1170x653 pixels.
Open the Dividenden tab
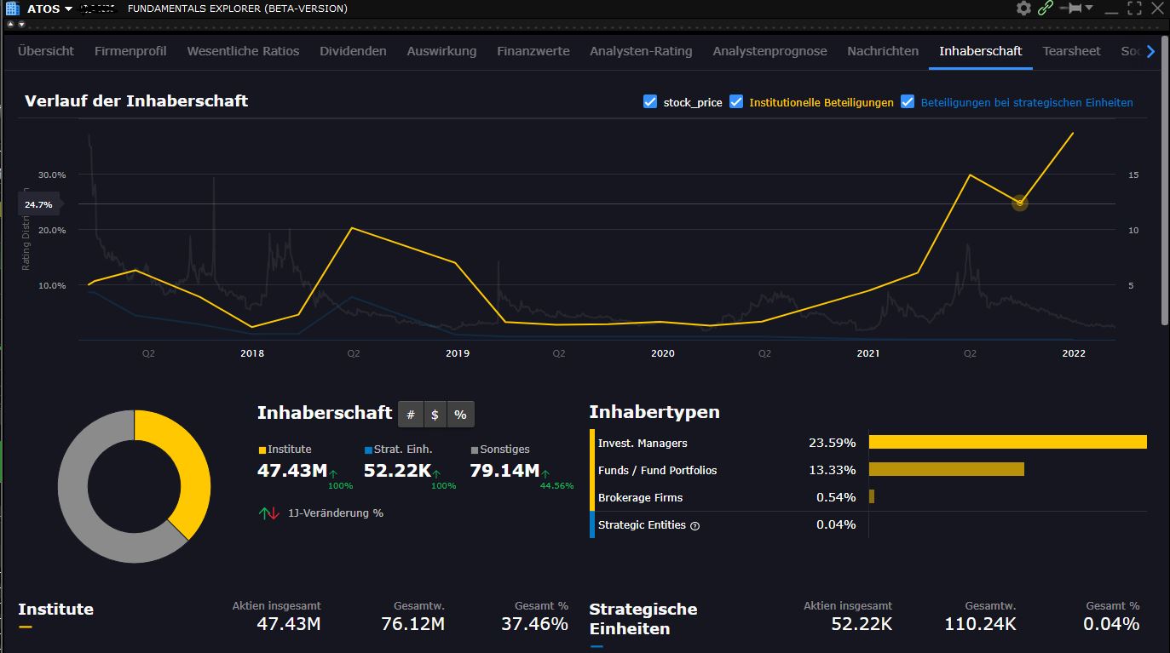[x=353, y=51]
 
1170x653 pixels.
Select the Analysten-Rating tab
[x=641, y=51]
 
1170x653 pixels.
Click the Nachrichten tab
[x=883, y=51]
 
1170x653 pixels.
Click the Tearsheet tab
[x=1071, y=51]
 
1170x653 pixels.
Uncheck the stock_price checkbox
[x=650, y=102]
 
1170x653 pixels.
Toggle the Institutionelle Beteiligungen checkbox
[x=737, y=102]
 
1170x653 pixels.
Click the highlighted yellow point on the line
[x=1019, y=203]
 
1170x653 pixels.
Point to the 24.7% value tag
[x=38, y=204]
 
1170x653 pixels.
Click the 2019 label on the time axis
[x=458, y=353]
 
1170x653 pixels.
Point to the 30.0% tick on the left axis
[x=52, y=175]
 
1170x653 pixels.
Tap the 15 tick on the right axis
[x=1133, y=175]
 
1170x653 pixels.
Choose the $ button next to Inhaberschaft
[x=435, y=415]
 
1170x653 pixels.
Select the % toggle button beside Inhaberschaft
[x=460, y=415]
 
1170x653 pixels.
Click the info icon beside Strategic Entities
[x=695, y=526]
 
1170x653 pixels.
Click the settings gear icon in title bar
[x=1023, y=9]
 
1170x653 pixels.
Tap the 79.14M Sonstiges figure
[x=504, y=471]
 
